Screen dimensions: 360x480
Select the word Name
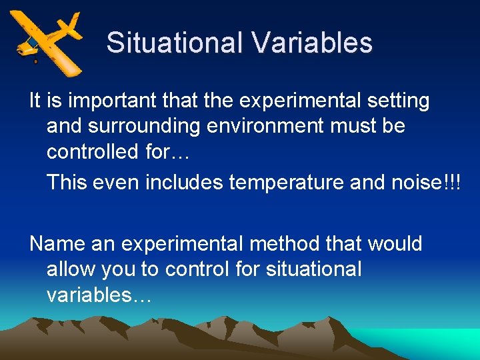(57, 244)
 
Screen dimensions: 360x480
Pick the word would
(393, 244)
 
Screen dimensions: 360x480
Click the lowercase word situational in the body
(313, 269)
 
